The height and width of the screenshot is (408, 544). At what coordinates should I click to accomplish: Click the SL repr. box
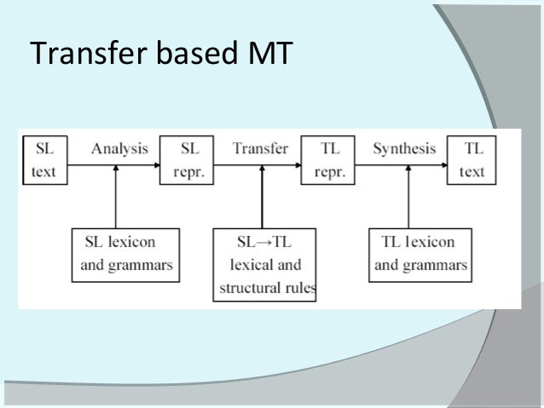[183, 159]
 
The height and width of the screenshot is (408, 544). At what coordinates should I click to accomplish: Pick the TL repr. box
[324, 159]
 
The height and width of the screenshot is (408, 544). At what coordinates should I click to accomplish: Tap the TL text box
[472, 159]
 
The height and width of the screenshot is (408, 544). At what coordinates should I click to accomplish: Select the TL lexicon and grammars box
[420, 253]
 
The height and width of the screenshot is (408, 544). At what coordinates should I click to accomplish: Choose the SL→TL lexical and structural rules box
[265, 265]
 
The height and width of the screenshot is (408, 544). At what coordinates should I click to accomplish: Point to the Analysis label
[119, 149]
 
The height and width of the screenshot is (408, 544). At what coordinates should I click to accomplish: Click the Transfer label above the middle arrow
[260, 149]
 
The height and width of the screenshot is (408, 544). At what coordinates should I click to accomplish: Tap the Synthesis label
[405, 149]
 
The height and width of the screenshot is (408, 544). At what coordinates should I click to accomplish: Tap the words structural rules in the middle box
[267, 287]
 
